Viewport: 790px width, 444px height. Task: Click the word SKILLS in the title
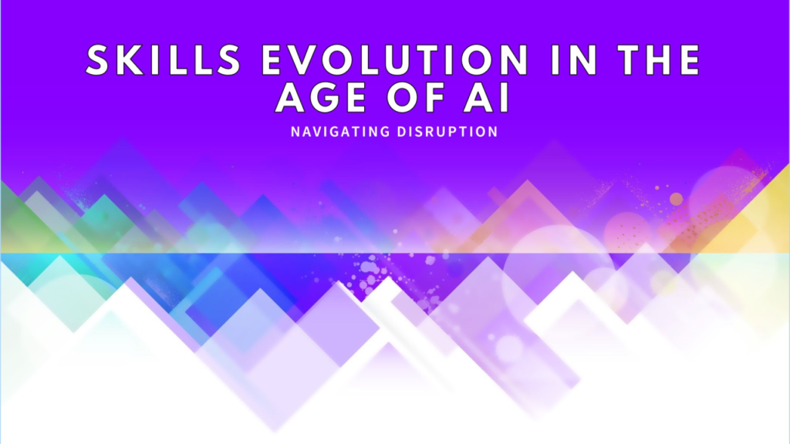tap(164, 60)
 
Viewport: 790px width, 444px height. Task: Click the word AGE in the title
tap(320, 97)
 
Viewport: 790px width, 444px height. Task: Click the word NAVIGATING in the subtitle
tap(340, 132)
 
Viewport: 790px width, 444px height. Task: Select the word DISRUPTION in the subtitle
tap(447, 132)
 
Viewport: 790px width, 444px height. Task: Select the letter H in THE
tap(660, 60)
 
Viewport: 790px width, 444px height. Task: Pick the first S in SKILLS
tap(100, 60)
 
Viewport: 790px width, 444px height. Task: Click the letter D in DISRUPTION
tap(402, 132)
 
